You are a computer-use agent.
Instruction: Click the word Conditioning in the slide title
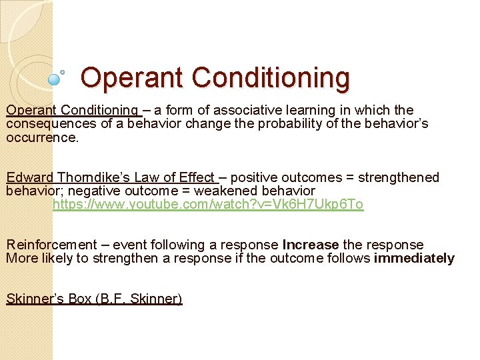tap(271, 77)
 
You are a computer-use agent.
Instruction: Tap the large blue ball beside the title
tap(55, 79)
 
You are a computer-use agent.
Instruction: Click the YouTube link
tap(208, 205)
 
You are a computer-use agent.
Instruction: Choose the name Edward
tap(30, 177)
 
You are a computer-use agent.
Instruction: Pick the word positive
tap(254, 177)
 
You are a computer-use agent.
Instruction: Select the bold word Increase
tap(311, 245)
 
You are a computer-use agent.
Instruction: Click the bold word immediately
tap(414, 259)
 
